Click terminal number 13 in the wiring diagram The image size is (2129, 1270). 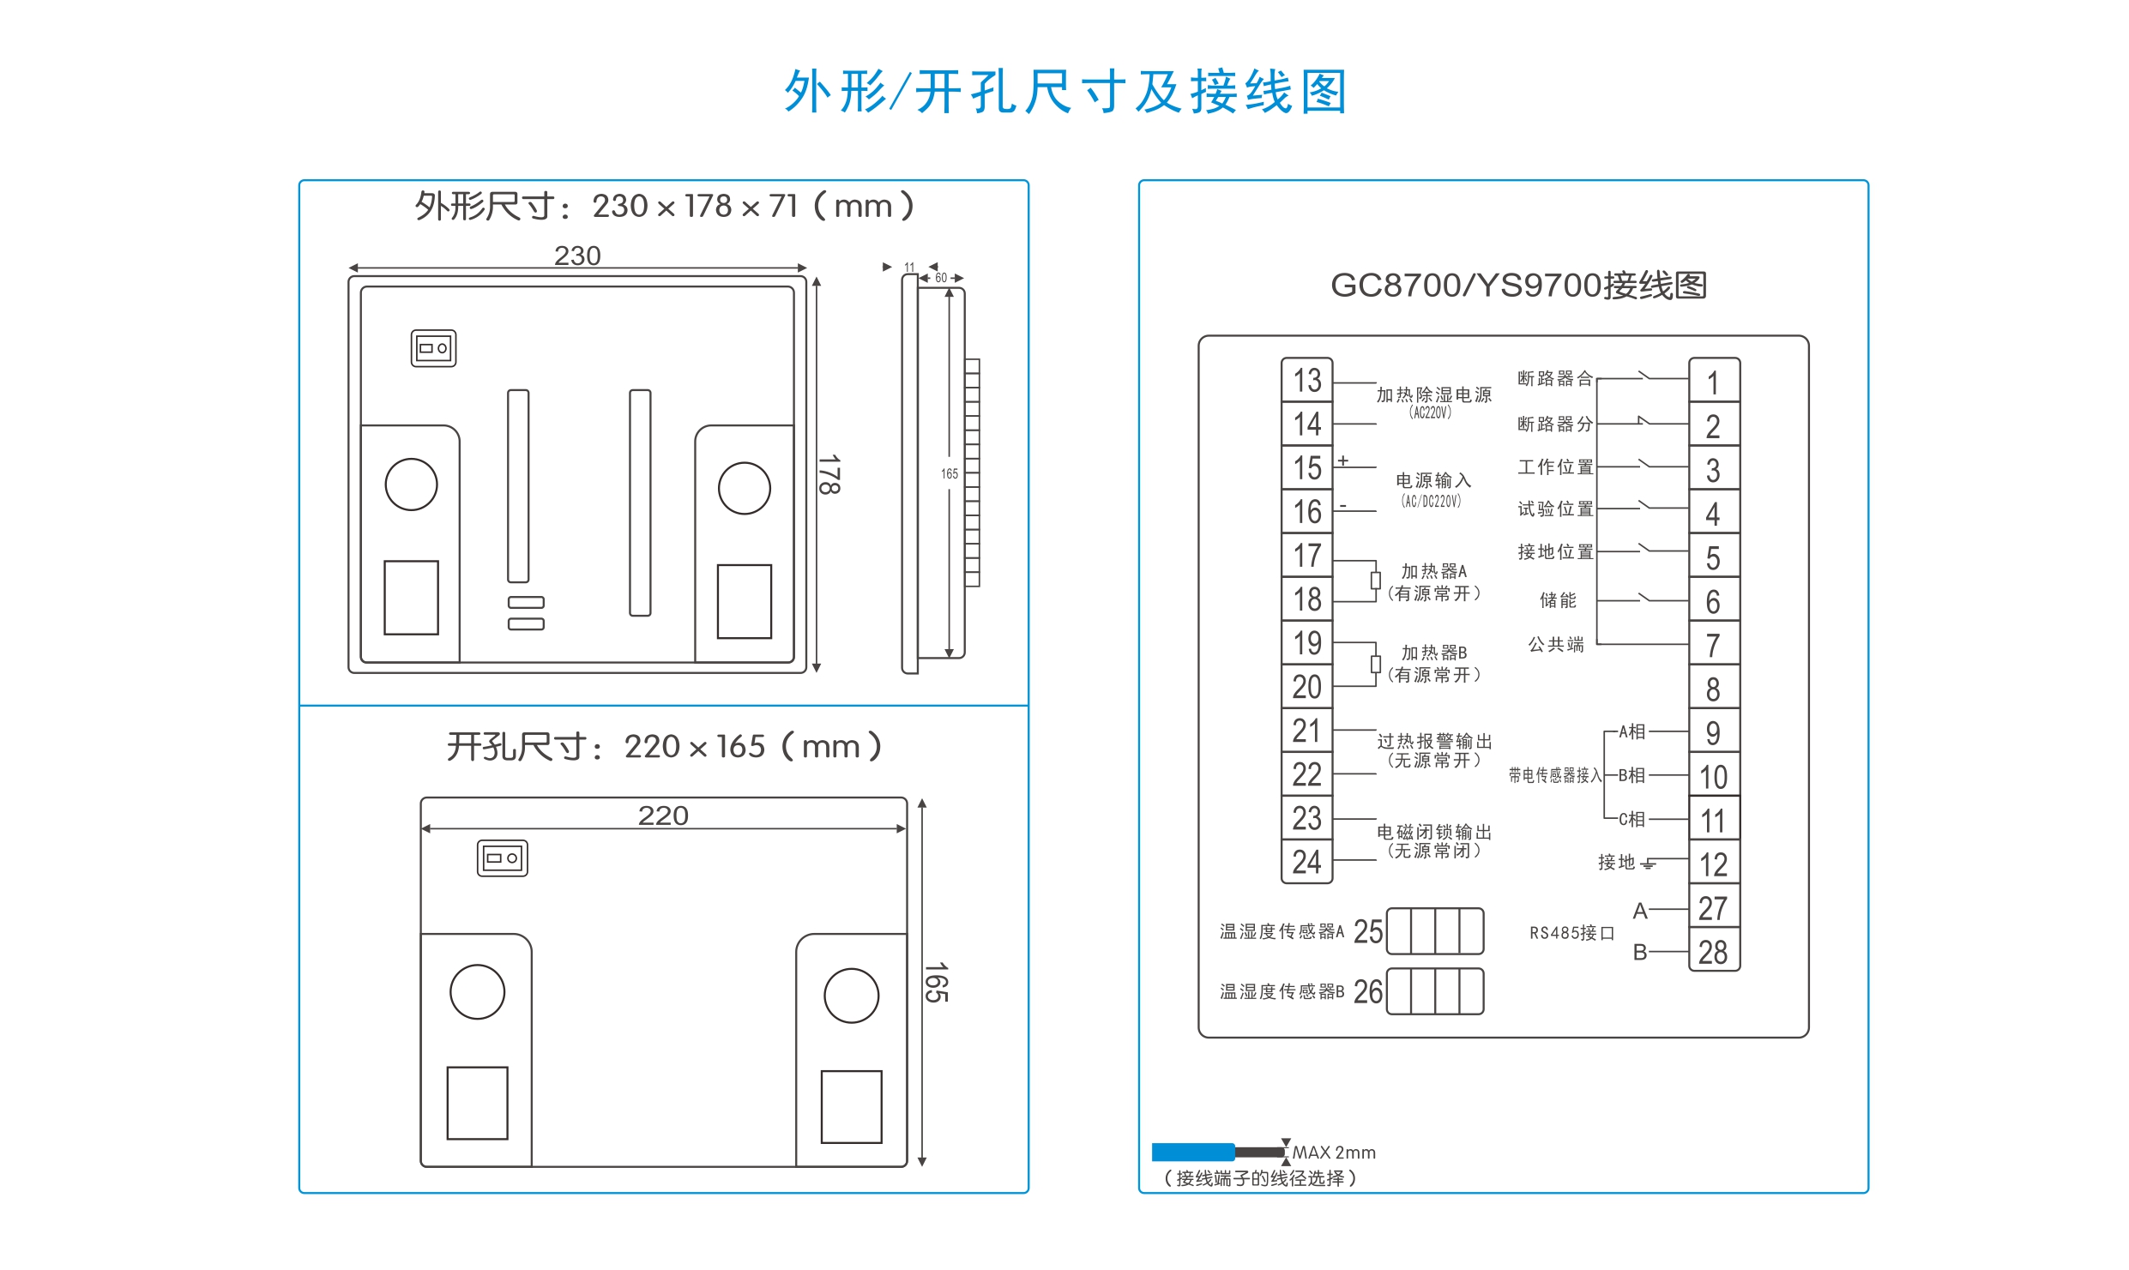click(1307, 380)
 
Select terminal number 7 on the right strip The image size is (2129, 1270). click(1713, 645)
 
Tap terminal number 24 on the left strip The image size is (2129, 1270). click(1306, 862)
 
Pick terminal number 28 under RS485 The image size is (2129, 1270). click(1713, 952)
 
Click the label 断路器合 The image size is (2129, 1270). click(1555, 378)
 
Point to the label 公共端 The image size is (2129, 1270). click(1556, 644)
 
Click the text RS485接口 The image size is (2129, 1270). click(1572, 933)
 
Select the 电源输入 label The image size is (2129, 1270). click(1433, 480)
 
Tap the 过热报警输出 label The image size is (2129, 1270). click(1434, 741)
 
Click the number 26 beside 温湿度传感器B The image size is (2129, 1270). click(1368, 991)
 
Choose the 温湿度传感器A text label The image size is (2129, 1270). click(1282, 931)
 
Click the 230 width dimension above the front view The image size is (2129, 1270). click(577, 256)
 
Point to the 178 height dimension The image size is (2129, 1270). click(829, 474)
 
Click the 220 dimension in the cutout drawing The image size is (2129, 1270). click(663, 816)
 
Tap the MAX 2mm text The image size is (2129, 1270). click(1334, 1153)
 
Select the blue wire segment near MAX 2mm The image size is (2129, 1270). click(1193, 1152)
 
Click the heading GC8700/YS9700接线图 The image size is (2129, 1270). click(1518, 286)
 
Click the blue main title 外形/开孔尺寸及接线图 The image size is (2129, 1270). click(1065, 92)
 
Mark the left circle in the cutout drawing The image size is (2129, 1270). click(478, 992)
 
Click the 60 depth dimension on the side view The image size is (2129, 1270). click(941, 278)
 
